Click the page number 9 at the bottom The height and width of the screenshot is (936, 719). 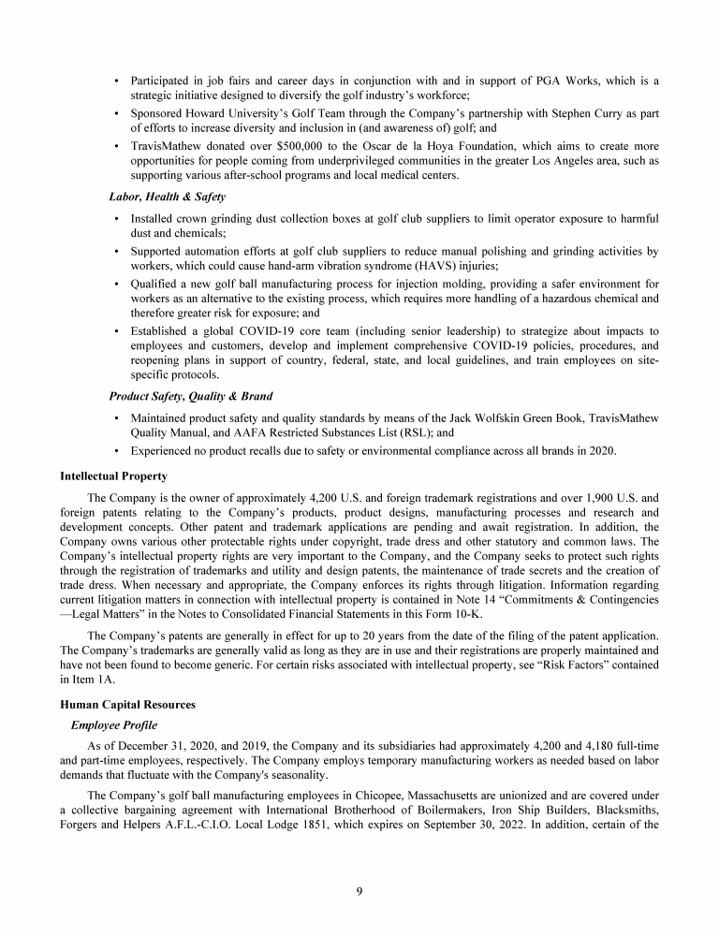359,890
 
